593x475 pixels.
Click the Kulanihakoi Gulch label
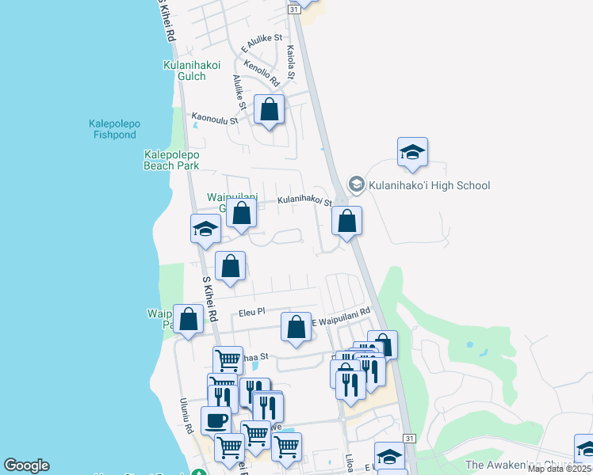click(191, 70)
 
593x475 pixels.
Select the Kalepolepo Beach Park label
click(171, 160)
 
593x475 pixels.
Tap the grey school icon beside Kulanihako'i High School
click(356, 185)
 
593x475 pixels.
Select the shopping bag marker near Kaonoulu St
click(270, 110)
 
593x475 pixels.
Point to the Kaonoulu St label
click(215, 120)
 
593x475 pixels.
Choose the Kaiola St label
click(290, 62)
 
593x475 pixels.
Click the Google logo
click(26, 465)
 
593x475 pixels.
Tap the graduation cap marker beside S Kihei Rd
click(205, 229)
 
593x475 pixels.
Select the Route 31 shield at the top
click(294, 7)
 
